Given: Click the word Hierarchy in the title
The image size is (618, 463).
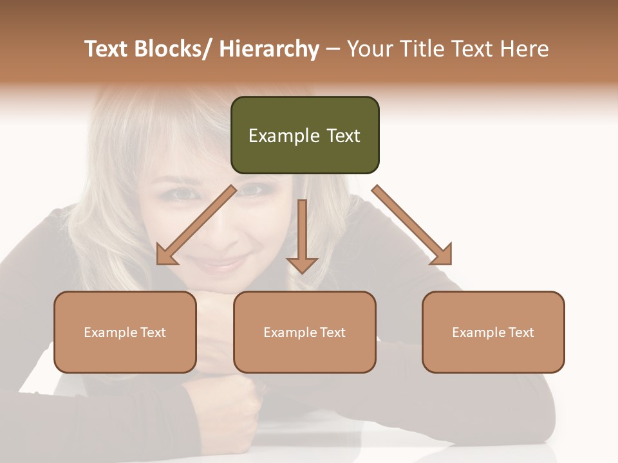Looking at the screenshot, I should [x=268, y=50].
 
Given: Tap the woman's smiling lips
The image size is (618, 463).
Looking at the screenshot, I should [x=222, y=264].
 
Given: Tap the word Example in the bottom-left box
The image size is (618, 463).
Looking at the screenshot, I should [x=110, y=332].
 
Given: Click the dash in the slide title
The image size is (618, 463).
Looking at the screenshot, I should [x=333, y=50].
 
